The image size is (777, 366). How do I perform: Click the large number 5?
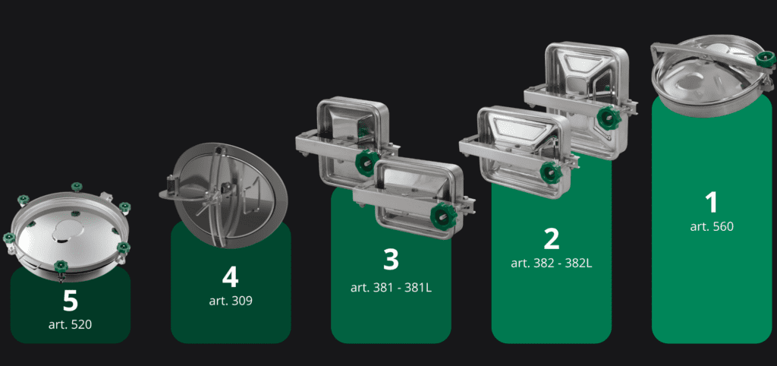(x=71, y=301)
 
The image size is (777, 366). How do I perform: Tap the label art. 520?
(x=71, y=325)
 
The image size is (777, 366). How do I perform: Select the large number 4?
(x=231, y=277)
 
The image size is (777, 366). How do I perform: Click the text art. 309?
(x=231, y=301)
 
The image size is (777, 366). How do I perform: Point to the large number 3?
(x=391, y=259)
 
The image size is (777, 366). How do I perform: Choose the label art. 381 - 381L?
(x=391, y=287)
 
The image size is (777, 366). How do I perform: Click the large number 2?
(x=552, y=238)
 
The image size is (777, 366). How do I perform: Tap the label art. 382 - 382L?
(x=552, y=263)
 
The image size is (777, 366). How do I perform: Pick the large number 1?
(x=712, y=202)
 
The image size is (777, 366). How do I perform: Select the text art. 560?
(x=712, y=226)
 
